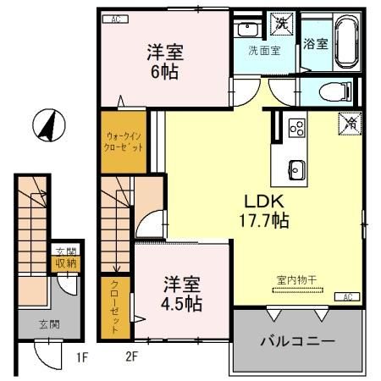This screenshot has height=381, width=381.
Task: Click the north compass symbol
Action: [x=47, y=127]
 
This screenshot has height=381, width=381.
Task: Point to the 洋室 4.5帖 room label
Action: [x=183, y=293]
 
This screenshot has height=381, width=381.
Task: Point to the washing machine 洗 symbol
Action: [x=280, y=24]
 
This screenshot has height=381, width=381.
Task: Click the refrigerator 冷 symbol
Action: [x=348, y=122]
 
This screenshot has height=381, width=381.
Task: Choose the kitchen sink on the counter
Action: [x=296, y=166]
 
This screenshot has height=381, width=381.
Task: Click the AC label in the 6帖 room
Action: [x=116, y=18]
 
